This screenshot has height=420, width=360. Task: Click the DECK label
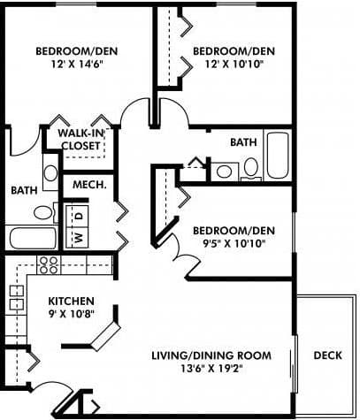(328, 355)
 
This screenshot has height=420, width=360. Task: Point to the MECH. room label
(88, 185)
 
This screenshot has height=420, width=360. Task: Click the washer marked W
(77, 236)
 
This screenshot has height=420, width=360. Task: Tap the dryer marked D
(77, 215)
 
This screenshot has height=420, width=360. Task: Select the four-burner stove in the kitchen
(47, 263)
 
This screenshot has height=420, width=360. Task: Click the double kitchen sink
(16, 297)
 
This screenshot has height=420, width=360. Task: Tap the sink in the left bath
(50, 172)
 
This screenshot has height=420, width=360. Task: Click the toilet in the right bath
(251, 165)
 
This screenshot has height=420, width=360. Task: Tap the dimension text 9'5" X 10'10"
(234, 244)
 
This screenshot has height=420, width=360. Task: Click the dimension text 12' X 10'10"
(228, 65)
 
